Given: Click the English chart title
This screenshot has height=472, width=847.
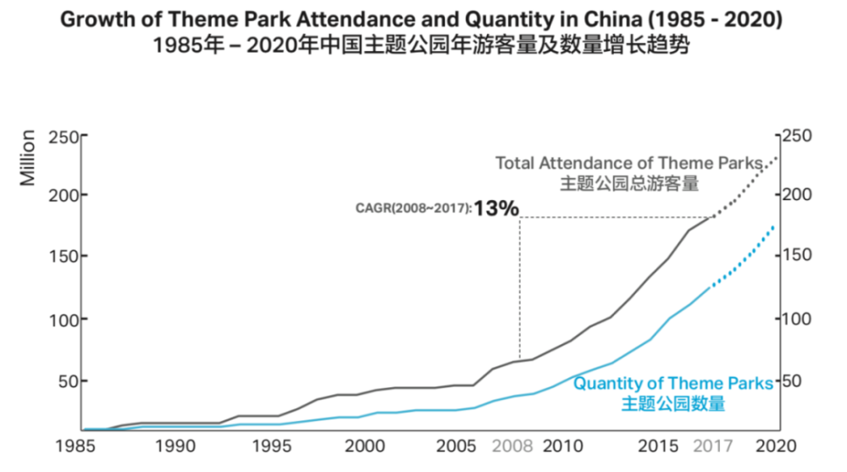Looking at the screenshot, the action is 421,19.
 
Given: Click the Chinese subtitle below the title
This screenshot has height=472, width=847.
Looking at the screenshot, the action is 421,45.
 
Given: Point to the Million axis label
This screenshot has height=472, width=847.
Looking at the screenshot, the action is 27,158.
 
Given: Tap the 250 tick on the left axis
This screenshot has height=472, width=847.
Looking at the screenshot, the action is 64,136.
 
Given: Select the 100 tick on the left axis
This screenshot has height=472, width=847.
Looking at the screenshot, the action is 64,320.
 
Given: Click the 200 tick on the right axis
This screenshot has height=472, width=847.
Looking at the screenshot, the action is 796,194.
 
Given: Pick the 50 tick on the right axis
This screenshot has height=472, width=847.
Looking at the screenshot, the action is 792,381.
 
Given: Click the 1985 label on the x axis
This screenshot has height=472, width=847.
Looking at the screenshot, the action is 75,446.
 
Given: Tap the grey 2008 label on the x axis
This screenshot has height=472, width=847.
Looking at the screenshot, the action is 512,446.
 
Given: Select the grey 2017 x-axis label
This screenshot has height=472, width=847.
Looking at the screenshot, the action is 713,446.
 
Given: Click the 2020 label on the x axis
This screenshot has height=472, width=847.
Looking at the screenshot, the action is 776,446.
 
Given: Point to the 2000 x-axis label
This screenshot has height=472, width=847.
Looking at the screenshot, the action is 364,446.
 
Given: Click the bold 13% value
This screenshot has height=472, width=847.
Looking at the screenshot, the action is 496,208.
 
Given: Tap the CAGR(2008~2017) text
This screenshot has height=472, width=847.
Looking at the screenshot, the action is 413,208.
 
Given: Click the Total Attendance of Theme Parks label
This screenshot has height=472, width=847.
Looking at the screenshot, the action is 629,163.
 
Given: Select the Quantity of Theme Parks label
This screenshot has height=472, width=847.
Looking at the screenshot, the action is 673,383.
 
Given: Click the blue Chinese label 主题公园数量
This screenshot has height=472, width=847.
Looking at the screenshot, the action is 673,404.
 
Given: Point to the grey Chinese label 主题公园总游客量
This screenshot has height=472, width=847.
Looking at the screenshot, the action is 629,183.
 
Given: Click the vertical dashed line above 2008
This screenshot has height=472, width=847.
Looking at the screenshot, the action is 520,287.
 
